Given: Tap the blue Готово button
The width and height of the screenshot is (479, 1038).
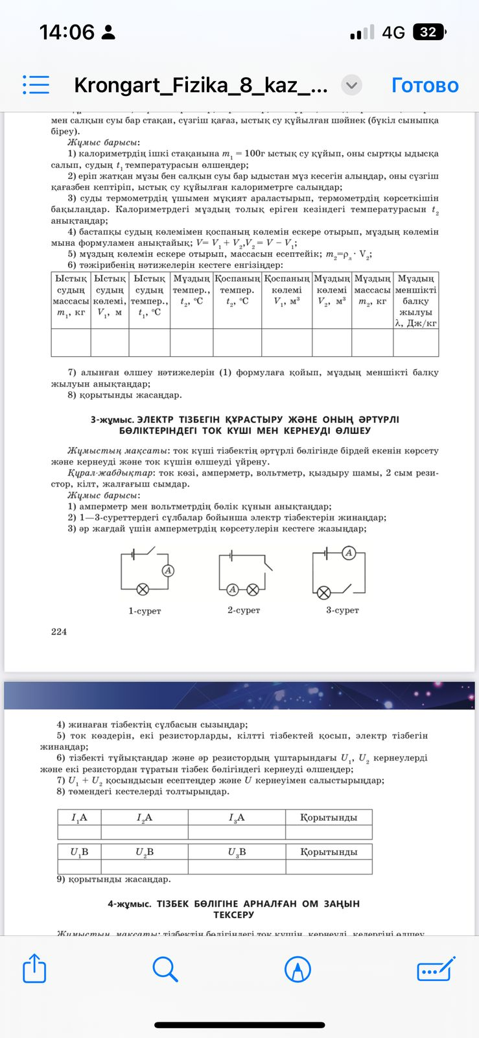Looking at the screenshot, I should click(425, 85).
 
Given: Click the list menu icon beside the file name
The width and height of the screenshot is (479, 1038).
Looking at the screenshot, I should click(36, 85).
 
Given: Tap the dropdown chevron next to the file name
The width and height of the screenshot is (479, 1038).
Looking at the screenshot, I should click(351, 85).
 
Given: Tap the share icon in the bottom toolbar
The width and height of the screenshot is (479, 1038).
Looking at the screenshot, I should click(35, 970).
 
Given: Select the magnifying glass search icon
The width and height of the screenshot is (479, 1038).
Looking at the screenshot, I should click(165, 970).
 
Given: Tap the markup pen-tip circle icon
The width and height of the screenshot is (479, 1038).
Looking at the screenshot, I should click(298, 970).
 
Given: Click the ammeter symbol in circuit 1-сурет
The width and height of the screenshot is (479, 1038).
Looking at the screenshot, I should click(168, 570).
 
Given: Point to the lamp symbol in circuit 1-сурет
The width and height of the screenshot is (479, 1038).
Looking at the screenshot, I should click(143, 589).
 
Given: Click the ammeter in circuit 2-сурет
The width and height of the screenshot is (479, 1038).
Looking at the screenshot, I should click(232, 589).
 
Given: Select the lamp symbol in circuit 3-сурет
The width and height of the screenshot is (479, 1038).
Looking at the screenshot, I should click(323, 592).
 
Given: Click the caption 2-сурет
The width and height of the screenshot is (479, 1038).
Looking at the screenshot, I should click(244, 610).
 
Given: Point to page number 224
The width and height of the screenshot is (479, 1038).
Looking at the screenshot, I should click(59, 631).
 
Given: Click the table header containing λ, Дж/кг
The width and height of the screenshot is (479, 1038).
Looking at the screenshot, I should click(415, 300).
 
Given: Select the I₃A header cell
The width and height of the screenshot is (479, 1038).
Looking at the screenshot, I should click(237, 817).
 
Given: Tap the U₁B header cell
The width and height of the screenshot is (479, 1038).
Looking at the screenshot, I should click(79, 852).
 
